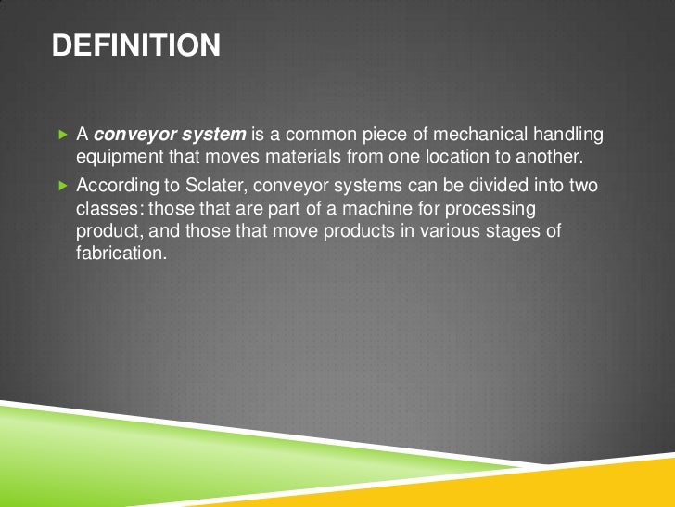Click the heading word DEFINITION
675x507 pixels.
(136, 45)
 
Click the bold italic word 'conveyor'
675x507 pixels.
(135, 136)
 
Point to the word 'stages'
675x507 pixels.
(509, 229)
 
